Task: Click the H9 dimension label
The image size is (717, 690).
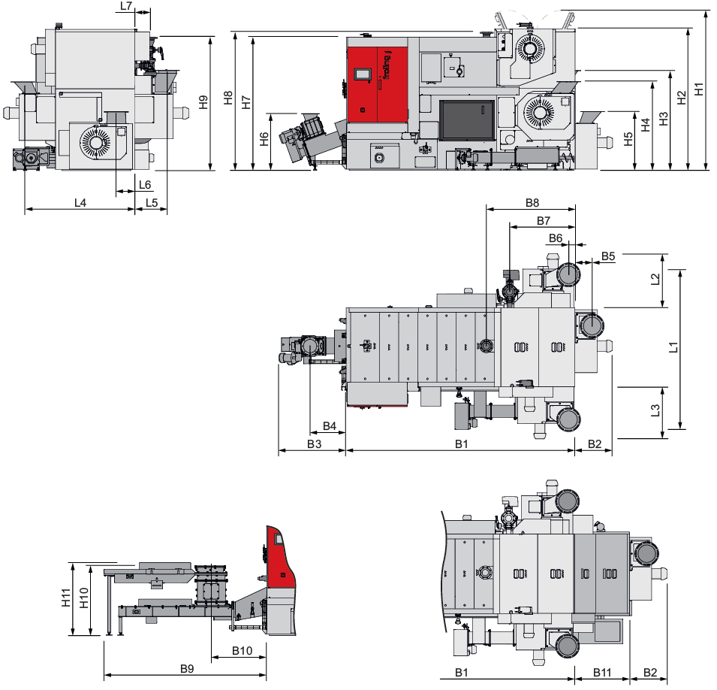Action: [x=203, y=101]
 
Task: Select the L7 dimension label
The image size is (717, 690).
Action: [x=126, y=6]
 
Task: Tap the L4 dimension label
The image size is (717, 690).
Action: [x=80, y=202]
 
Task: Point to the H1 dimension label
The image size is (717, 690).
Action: [x=699, y=89]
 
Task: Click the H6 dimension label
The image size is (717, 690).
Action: [x=264, y=139]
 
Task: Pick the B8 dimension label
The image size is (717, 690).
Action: [x=532, y=202]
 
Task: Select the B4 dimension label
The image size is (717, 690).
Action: [x=330, y=426]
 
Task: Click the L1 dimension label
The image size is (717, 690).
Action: [x=673, y=347]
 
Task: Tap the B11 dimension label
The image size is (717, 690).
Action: [x=602, y=672]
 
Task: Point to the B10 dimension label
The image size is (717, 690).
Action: [x=242, y=651]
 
